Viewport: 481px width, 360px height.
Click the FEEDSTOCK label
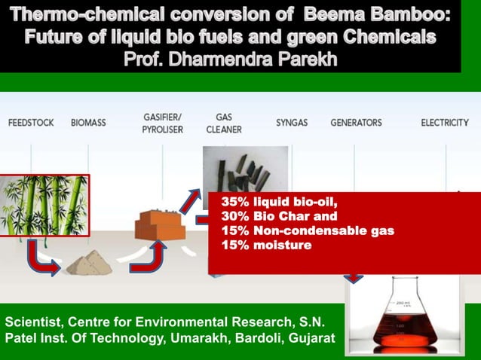(x=31, y=122)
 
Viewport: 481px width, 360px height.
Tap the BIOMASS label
(x=88, y=122)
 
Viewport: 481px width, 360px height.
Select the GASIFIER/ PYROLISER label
(x=162, y=123)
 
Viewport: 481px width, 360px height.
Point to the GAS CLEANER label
(x=224, y=123)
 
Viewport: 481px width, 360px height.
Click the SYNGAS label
(x=292, y=122)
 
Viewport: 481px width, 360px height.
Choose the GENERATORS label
(x=356, y=122)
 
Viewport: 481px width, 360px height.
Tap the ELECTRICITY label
(x=444, y=122)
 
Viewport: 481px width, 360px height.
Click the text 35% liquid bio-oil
(x=279, y=203)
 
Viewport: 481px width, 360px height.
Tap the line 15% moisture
(x=266, y=245)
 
